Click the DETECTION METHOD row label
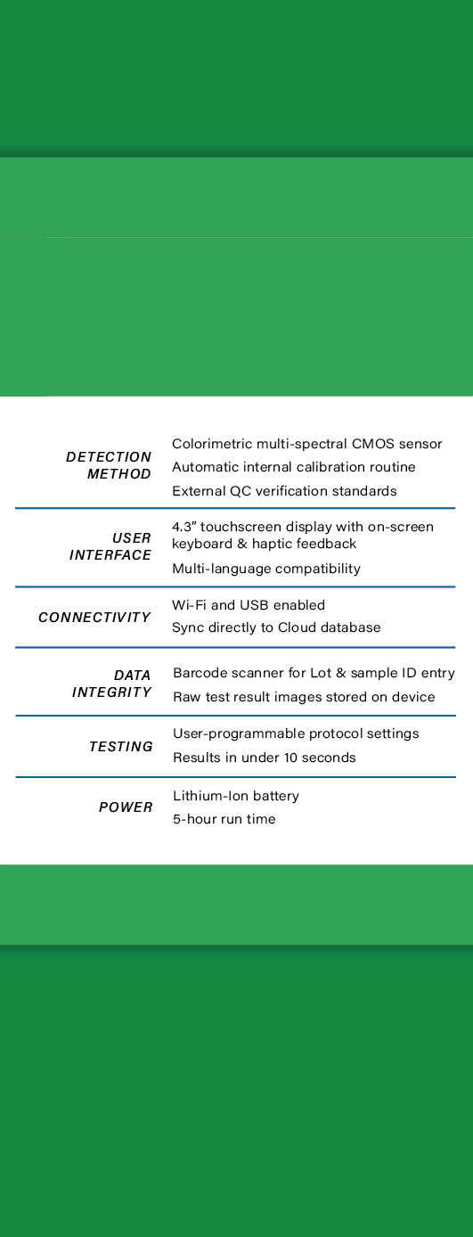click(108, 465)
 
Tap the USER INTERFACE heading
click(110, 546)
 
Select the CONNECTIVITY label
click(94, 618)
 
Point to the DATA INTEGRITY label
click(112, 684)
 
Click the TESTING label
click(121, 747)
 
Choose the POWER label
click(126, 807)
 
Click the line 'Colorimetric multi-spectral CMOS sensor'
click(306, 444)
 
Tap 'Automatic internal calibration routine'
click(294, 467)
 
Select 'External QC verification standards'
click(284, 491)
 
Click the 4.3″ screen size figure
click(183, 527)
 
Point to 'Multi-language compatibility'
click(266, 569)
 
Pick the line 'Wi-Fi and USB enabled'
click(249, 605)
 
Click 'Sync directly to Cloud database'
click(276, 628)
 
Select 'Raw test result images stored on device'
click(304, 697)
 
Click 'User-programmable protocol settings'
click(296, 734)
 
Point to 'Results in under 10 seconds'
click(265, 758)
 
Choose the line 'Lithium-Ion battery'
click(236, 796)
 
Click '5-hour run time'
click(224, 819)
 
